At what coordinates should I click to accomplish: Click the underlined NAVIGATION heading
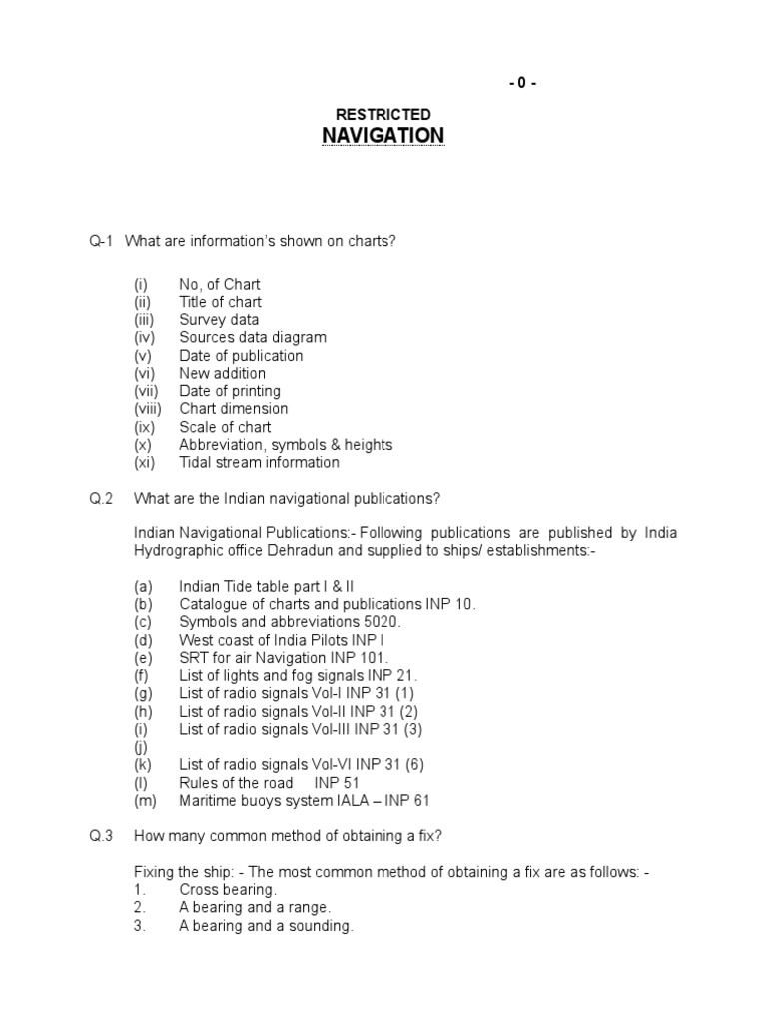tap(383, 135)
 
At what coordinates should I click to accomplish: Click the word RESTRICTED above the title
tap(383, 115)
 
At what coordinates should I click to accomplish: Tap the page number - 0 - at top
tap(522, 83)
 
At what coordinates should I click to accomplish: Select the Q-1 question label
tap(102, 241)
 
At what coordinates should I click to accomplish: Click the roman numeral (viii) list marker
tap(148, 409)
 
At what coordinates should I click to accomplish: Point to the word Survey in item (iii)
tap(203, 320)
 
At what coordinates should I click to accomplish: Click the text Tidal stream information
tap(259, 463)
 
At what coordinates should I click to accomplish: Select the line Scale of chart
tap(225, 427)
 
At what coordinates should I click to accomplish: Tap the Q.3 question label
tap(101, 836)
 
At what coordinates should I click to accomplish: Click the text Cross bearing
tap(228, 890)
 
